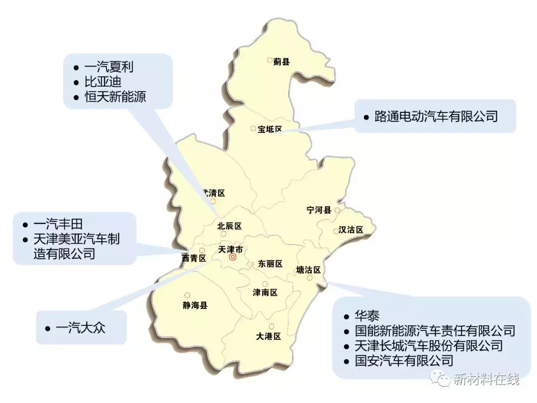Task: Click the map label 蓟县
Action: pos(281,62)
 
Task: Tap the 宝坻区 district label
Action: pos(269,129)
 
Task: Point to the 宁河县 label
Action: pos(319,210)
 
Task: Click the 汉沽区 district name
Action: pos(351,230)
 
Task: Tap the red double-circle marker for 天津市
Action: pos(233,257)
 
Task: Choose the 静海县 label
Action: pos(195,305)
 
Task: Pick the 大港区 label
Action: pos(269,336)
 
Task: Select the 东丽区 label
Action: pos(270,264)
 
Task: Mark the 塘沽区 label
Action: pos(308,270)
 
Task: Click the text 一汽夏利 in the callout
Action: pos(109,67)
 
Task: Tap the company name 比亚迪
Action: pos(103,82)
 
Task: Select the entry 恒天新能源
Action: pos(115,97)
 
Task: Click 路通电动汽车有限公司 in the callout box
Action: pos(436,116)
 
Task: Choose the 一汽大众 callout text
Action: pos(81,328)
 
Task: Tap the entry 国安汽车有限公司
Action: pos(404,360)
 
